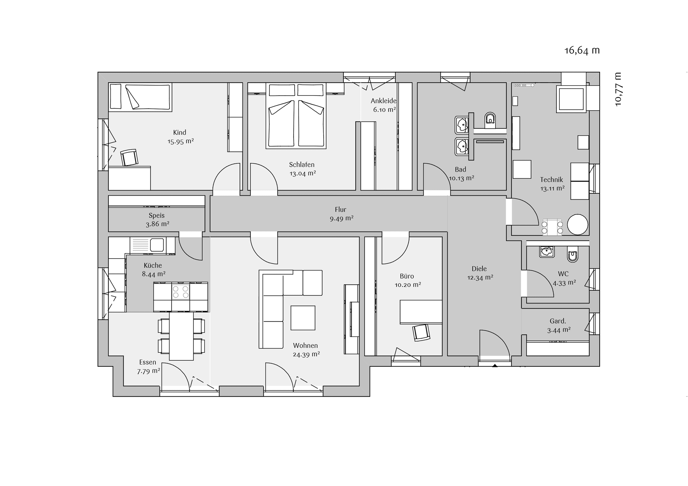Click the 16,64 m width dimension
pos(582,50)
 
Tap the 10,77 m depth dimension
pos(618,89)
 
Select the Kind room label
pos(180,132)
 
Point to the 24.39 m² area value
pos(306,355)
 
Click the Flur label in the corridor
pos(341,209)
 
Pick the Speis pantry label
pos(157,215)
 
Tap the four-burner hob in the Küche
pos(181,292)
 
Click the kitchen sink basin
pos(157,245)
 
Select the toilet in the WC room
pos(573,255)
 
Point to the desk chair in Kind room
pos(129,157)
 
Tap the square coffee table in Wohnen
pos(303,318)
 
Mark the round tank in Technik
pos(578,224)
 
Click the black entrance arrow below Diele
pos(495,365)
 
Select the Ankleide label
pos(384,101)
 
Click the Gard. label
pos(558,321)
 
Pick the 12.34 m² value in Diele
pos(480,278)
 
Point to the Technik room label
pos(552,180)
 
